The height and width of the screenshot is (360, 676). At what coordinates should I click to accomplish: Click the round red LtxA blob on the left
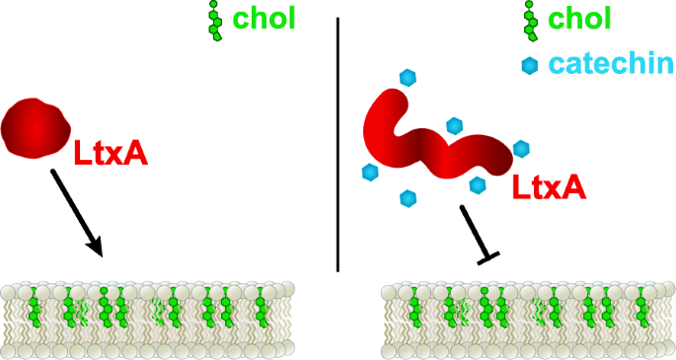click(38, 126)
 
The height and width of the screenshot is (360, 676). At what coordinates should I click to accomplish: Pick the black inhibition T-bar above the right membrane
click(476, 233)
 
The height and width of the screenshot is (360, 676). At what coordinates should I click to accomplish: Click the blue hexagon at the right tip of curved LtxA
click(521, 148)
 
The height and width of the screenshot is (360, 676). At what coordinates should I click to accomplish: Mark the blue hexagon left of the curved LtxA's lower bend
click(370, 173)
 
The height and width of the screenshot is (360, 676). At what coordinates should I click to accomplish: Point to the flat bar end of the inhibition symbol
click(488, 256)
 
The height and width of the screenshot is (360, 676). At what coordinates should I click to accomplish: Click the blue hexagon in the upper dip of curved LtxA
click(455, 125)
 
